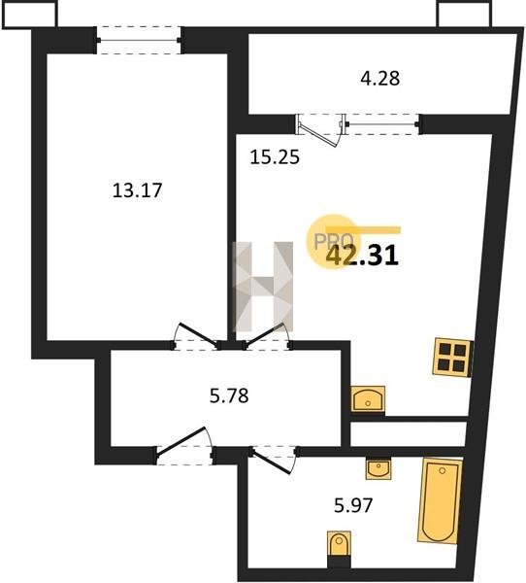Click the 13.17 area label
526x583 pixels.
pos(137,190)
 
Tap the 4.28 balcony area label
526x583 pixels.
pos(380,79)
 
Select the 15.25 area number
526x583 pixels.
pos(275,157)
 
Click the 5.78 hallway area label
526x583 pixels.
pos(229,395)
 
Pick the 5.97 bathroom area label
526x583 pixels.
pos(353,505)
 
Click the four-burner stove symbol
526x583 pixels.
pos(453,357)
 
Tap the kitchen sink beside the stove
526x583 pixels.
pos(368,399)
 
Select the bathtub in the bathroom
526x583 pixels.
pos(441,500)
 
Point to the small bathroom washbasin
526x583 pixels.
pos(378,469)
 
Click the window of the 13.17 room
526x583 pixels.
pos(139,40)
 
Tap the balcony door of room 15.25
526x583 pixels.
pos(320,129)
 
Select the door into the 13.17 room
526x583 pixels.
pos(195,336)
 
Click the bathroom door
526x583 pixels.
pos(274,461)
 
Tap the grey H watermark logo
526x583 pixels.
pos(263,287)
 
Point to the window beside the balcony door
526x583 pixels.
pos(383,124)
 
